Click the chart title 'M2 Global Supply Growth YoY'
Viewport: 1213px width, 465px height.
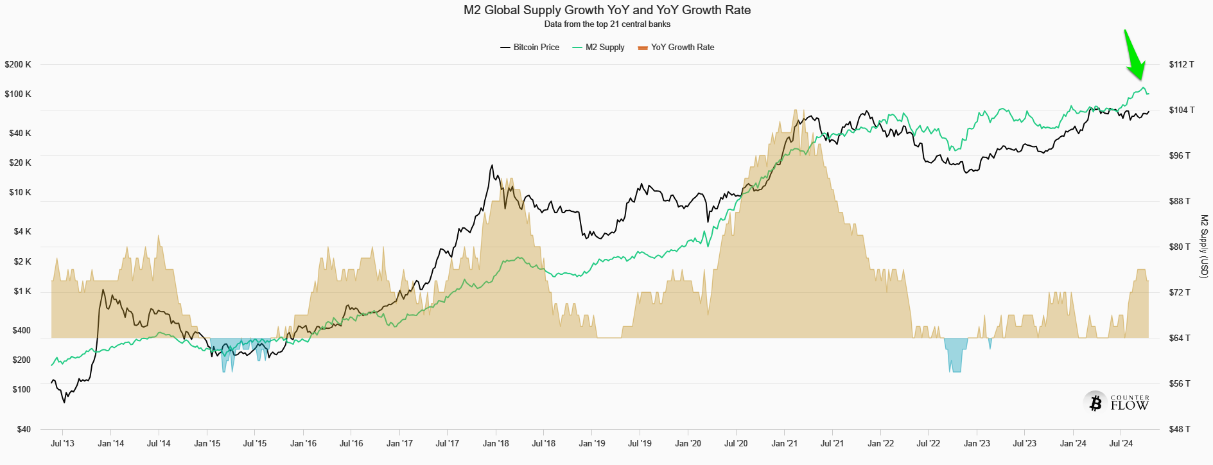click(x=607, y=10)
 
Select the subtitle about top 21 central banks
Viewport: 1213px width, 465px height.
click(x=607, y=24)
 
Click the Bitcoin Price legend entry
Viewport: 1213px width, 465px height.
click(x=530, y=48)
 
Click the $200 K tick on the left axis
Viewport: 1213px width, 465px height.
click(x=18, y=64)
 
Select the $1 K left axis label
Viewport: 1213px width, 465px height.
click(x=22, y=292)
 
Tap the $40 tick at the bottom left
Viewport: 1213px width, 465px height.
click(x=23, y=429)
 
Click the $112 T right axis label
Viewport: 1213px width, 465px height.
click(x=1182, y=64)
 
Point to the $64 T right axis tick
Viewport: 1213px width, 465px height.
click(x=1180, y=338)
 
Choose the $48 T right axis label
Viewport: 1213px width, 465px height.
click(x=1180, y=429)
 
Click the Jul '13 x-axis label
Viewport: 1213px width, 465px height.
click(x=62, y=443)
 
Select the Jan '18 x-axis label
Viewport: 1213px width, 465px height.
click(x=496, y=443)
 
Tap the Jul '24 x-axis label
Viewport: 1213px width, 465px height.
click(x=1121, y=443)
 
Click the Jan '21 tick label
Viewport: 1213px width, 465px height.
click(x=784, y=443)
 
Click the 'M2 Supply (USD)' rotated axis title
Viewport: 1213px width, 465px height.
click(x=1204, y=247)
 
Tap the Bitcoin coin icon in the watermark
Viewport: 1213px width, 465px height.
click(x=1095, y=403)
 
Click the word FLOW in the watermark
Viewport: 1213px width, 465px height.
click(x=1130, y=406)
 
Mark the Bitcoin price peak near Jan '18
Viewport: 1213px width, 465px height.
click(x=492, y=166)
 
